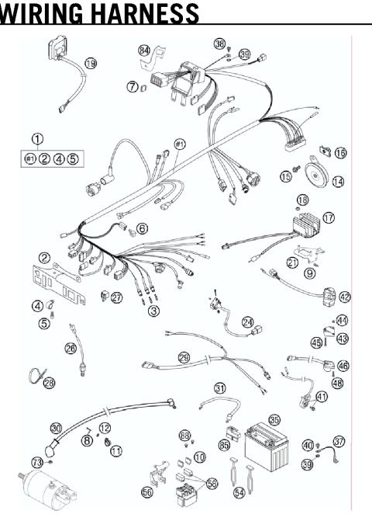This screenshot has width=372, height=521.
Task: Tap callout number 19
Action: coord(91,63)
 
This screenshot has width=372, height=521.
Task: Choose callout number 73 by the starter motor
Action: coord(37,463)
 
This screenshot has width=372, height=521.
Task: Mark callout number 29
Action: coord(184,357)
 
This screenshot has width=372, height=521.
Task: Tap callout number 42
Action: coord(344,296)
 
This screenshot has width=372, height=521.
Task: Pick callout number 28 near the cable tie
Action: coord(50,382)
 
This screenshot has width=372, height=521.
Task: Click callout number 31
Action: coord(220,388)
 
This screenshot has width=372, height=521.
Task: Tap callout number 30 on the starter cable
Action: coord(55,428)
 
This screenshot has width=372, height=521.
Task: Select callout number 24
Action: coord(247,321)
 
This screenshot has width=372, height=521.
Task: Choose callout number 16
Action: coord(340,153)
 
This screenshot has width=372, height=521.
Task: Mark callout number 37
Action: coord(339,441)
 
